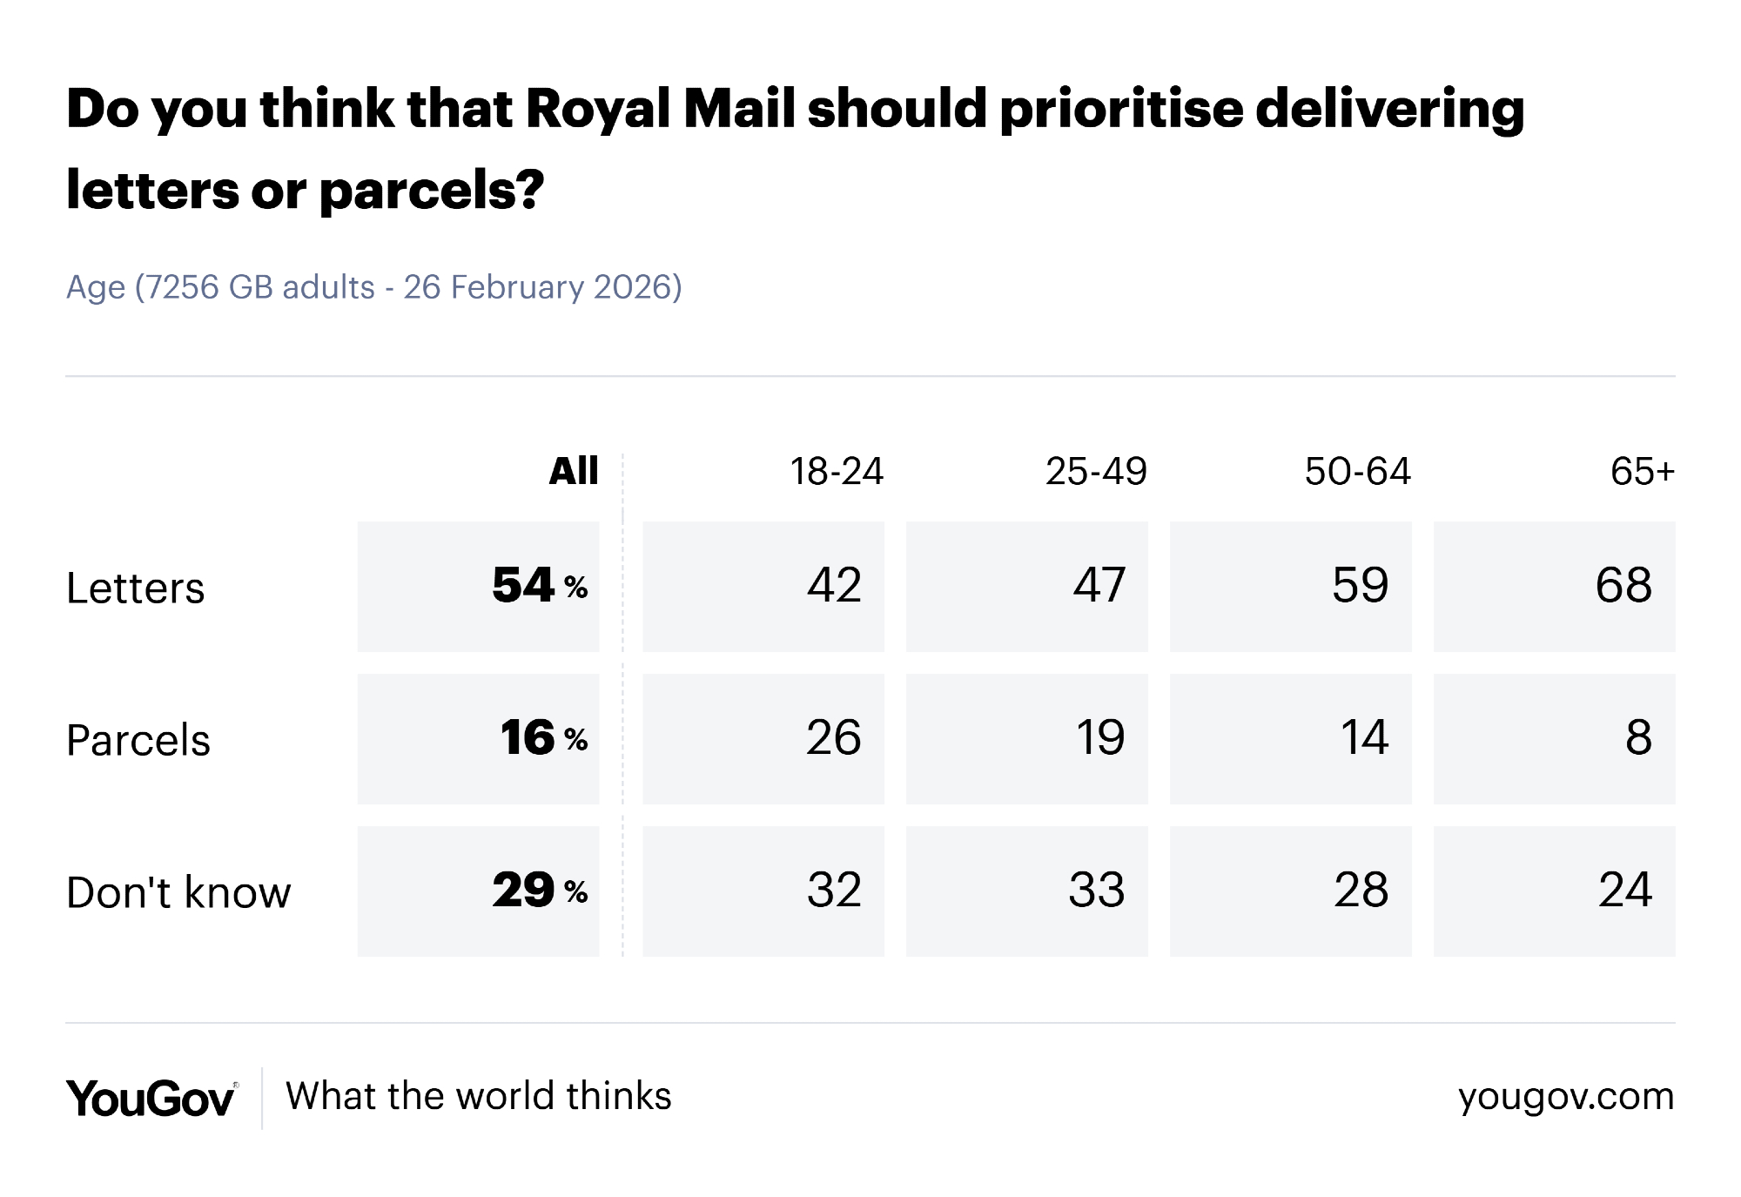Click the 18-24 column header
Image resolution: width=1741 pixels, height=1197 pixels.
coord(836,472)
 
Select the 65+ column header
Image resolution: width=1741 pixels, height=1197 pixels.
coord(1642,472)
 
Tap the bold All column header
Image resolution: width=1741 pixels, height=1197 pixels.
coord(574,472)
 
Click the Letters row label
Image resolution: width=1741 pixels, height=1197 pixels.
coord(136,588)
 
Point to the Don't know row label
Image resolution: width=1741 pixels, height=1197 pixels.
coord(178,893)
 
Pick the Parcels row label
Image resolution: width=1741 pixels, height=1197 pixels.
coord(138,741)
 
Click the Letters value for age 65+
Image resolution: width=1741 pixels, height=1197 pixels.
coord(1623,585)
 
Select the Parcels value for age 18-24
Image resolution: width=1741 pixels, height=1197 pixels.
coord(833,738)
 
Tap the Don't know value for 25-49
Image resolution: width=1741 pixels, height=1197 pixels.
coord(1097,891)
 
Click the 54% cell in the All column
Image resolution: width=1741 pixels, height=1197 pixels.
coord(539,585)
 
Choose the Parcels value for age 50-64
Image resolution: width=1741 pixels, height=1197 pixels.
coord(1364,738)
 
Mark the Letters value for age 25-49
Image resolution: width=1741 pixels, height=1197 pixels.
coord(1099,585)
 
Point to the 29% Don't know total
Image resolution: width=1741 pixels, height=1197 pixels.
coord(539,891)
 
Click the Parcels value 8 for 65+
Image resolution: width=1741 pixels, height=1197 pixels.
coord(1638,738)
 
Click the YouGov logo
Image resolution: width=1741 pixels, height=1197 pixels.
coord(151,1098)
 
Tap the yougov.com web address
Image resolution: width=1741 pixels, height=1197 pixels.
coord(1566,1097)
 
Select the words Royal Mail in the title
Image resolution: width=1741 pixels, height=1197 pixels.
coord(661,109)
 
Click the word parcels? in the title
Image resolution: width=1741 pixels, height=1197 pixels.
coord(432,190)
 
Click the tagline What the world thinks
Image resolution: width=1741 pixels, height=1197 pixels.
coord(479,1097)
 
